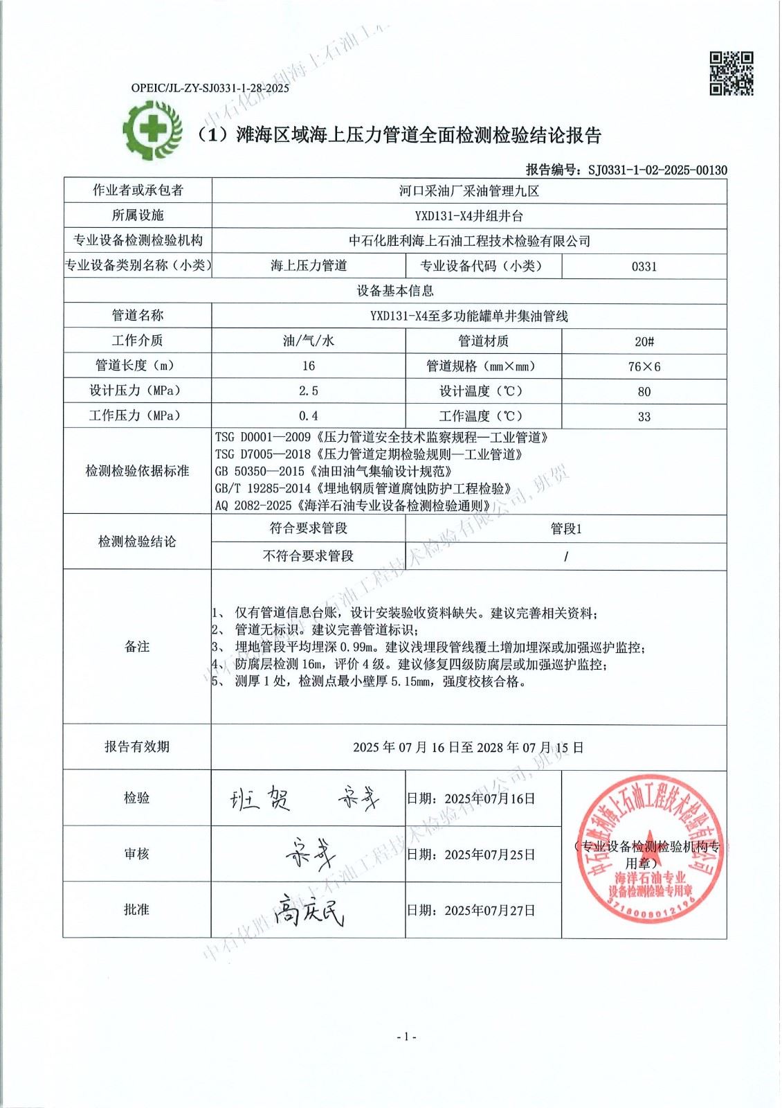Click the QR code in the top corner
click(x=731, y=73)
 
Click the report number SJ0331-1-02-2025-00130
click(x=657, y=170)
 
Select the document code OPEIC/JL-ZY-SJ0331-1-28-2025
click(x=210, y=88)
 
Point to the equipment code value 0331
click(x=644, y=266)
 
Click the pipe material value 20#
click(x=644, y=341)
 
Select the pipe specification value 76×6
click(x=644, y=366)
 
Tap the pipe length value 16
click(x=308, y=366)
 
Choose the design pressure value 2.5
click(x=308, y=391)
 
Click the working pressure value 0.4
click(x=308, y=416)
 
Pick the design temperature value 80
click(x=644, y=391)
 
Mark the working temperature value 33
click(x=644, y=416)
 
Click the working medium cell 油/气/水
click(x=308, y=341)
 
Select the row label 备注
click(x=137, y=647)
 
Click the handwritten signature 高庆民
click(x=309, y=909)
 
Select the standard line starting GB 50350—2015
click(x=334, y=472)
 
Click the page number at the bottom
click(x=406, y=1037)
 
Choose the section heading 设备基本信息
click(x=395, y=291)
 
